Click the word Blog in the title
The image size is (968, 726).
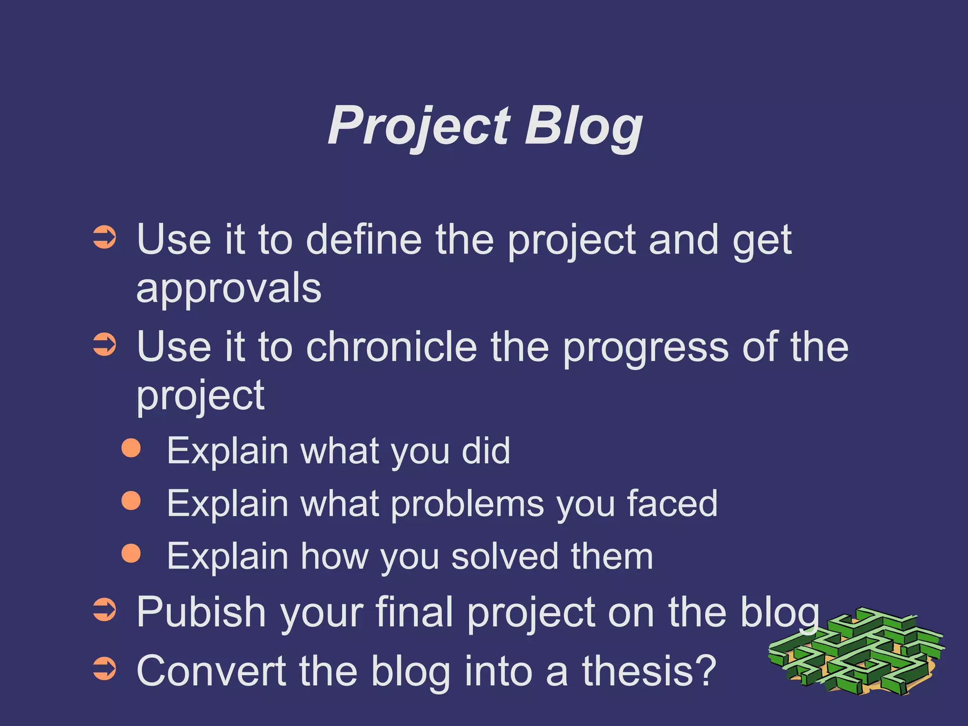584,126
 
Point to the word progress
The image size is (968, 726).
646,348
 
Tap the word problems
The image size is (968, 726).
468,504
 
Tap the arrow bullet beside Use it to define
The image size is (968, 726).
104,237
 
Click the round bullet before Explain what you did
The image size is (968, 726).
131,448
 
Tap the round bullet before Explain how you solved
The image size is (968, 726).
131,553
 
